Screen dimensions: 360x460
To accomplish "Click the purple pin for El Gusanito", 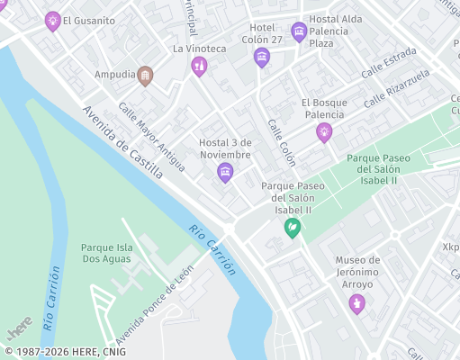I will pyautogui.click(x=53, y=21).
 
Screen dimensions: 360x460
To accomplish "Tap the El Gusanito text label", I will pyautogui.click(x=89, y=20).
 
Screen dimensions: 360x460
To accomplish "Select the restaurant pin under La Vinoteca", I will pyautogui.click(x=199, y=66).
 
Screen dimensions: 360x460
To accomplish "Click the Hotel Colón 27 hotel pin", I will pyautogui.click(x=261, y=58).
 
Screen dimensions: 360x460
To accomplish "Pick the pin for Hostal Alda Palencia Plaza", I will pyautogui.click(x=299, y=31).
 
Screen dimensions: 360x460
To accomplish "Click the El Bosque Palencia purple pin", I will pyautogui.click(x=323, y=133).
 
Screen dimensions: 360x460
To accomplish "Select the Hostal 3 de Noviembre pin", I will pyautogui.click(x=225, y=172).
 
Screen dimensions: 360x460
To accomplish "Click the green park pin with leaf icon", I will pyautogui.click(x=293, y=228).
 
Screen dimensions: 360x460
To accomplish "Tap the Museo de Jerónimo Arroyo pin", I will pyautogui.click(x=357, y=303).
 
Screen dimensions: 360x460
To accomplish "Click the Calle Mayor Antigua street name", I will pyautogui.click(x=151, y=136).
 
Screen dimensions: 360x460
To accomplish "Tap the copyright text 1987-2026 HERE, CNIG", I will pyautogui.click(x=66, y=352).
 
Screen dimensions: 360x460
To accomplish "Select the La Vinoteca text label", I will pyautogui.click(x=198, y=48).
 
